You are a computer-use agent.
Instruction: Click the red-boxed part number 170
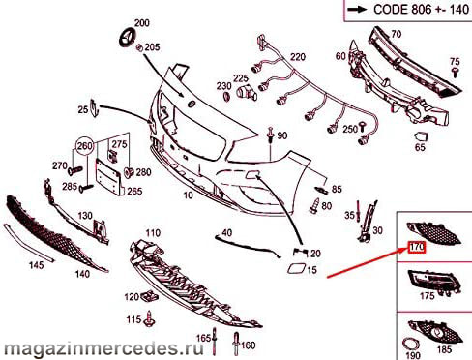tap(417, 248)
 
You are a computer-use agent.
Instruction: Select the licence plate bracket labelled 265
tap(108, 176)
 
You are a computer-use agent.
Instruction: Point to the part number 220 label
tap(297, 57)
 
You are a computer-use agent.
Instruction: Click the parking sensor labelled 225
tap(246, 92)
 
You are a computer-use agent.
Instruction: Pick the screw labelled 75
tap(456, 73)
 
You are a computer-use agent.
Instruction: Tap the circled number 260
tap(85, 147)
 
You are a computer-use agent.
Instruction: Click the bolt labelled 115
tap(150, 318)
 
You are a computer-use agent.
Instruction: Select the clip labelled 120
tap(150, 295)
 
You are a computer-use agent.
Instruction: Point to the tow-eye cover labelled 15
tap(295, 269)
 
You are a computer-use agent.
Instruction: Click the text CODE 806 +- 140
tap(421, 9)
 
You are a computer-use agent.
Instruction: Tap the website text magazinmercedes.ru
tap(103, 348)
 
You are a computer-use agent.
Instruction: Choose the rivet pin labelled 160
tap(236, 344)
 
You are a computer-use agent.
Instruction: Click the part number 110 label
tap(153, 232)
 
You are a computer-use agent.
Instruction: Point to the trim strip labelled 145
tap(28, 242)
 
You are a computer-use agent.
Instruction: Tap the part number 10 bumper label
tap(188, 195)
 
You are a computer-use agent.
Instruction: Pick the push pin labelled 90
tap(270, 135)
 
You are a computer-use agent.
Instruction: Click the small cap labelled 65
tap(421, 136)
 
